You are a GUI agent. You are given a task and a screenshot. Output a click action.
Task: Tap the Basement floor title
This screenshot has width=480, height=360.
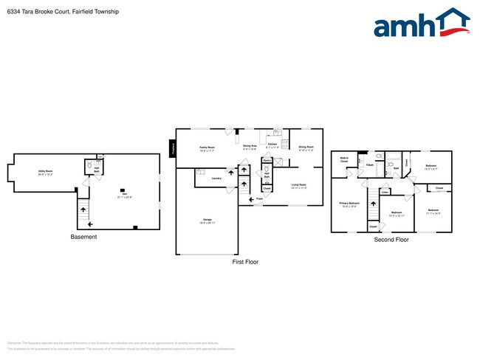tap(83, 237)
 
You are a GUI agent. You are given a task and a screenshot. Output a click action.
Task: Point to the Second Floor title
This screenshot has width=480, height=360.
tap(391, 240)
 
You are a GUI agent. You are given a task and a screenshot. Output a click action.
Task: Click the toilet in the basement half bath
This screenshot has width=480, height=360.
tap(88, 167)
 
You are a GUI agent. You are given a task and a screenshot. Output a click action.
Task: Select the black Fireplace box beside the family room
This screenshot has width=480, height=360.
tap(173, 147)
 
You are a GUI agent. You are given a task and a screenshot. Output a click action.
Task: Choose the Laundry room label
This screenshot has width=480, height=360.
tap(216, 178)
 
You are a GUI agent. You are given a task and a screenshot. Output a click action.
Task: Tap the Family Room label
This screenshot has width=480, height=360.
tap(207, 147)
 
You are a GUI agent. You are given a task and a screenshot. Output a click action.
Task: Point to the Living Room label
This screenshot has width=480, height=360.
tap(298, 184)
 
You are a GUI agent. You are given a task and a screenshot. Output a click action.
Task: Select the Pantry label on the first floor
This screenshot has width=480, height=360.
tap(266, 159)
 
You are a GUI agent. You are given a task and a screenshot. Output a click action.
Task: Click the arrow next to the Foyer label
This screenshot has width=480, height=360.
tap(250, 198)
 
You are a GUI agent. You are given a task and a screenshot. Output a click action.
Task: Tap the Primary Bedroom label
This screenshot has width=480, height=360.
tap(349, 203)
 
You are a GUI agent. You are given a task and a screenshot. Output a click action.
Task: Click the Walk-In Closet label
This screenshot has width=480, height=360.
tap(344, 159)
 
